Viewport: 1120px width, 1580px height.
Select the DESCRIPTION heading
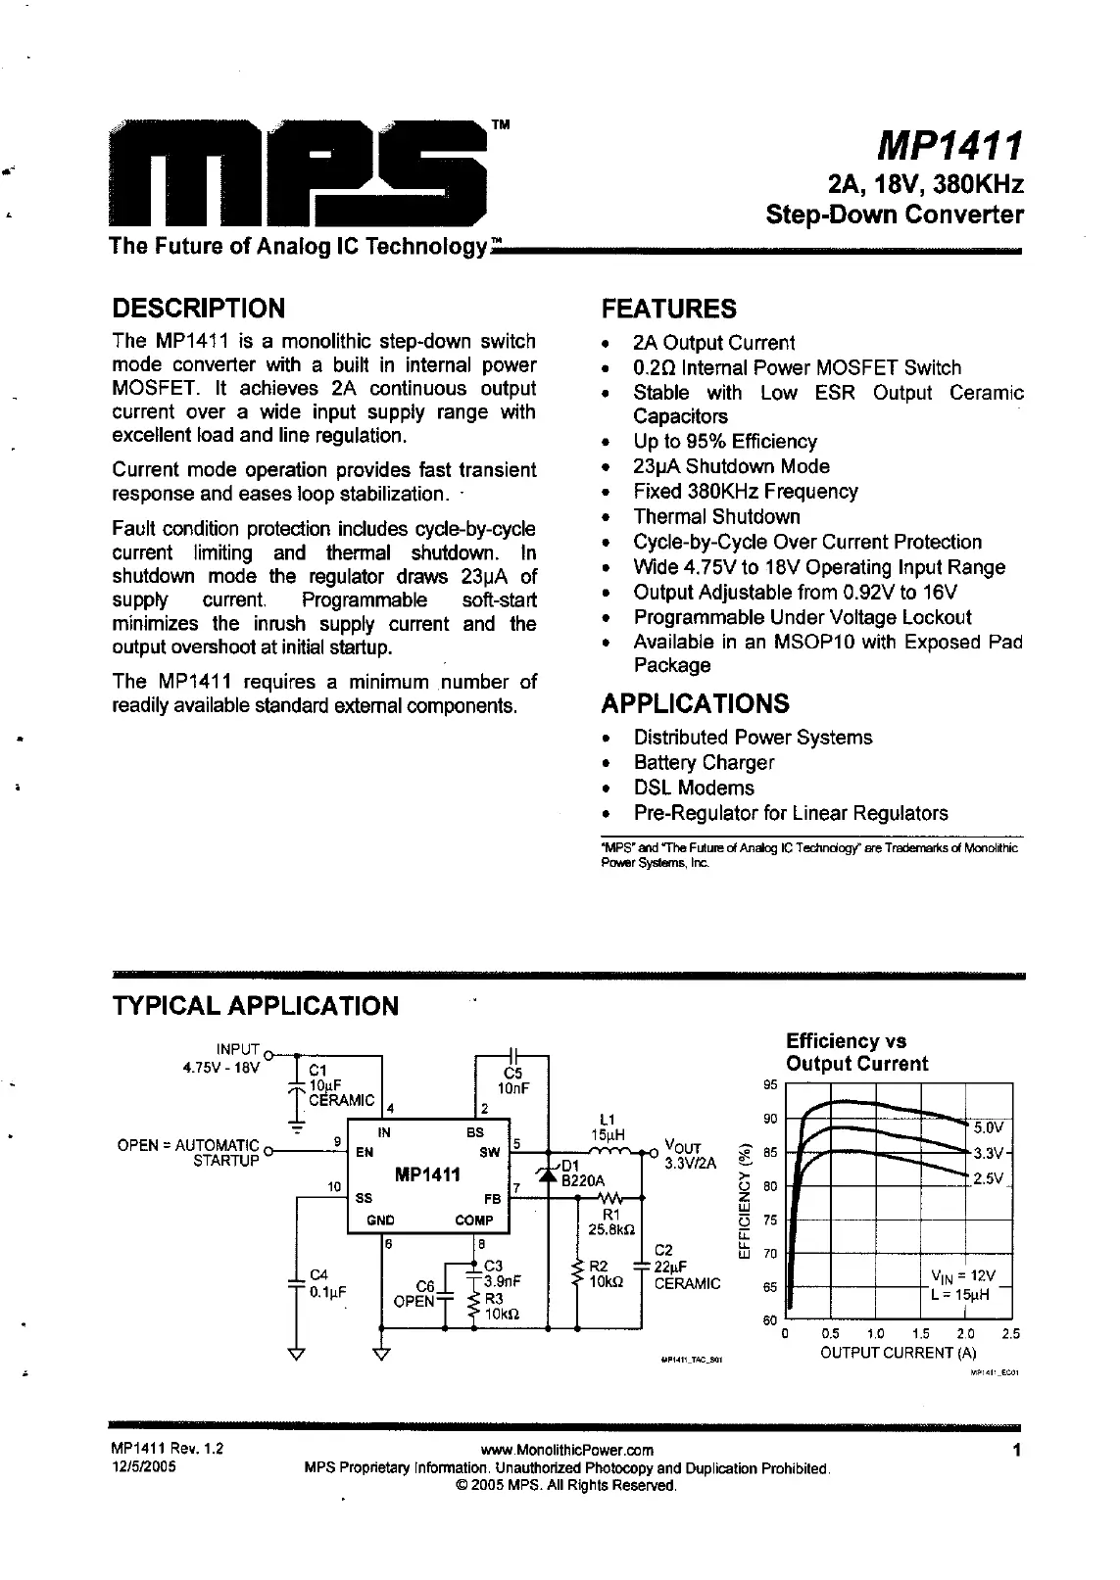click(x=199, y=309)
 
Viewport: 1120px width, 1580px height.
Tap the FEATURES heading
click(x=668, y=309)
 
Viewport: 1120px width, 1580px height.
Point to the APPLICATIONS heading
click(x=695, y=703)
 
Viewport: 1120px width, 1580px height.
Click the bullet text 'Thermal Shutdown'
click(x=716, y=516)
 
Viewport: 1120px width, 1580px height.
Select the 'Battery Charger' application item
click(x=704, y=762)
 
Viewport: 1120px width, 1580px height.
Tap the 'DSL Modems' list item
click(x=694, y=788)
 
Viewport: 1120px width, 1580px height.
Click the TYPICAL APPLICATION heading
click(x=256, y=1006)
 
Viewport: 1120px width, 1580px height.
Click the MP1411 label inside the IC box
click(x=427, y=1174)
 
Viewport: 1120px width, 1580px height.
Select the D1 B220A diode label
click(x=583, y=1173)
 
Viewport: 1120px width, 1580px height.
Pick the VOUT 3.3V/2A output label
click(x=690, y=1155)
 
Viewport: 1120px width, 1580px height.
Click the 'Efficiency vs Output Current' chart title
click(x=856, y=1052)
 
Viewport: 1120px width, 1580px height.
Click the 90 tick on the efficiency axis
click(x=769, y=1119)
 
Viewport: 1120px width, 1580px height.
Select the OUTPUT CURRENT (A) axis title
click(x=900, y=1353)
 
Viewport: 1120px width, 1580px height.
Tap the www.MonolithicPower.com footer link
click(x=567, y=1450)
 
